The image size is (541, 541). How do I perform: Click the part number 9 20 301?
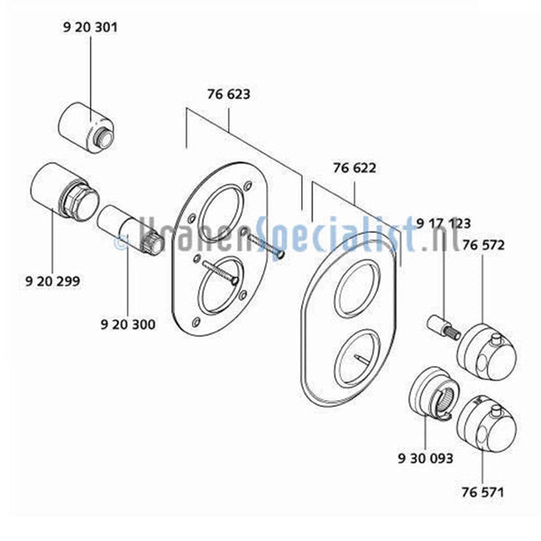pyautogui.click(x=90, y=27)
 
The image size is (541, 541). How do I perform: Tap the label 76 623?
pyautogui.click(x=229, y=94)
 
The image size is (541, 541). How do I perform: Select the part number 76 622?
pyautogui.click(x=354, y=168)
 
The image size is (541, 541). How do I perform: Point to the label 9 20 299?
pyautogui.click(x=52, y=281)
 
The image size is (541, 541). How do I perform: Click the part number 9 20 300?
pyautogui.click(x=128, y=325)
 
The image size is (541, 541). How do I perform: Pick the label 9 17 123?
pyautogui.click(x=444, y=224)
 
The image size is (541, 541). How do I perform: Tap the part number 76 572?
pyautogui.click(x=483, y=245)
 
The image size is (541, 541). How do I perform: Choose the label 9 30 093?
pyautogui.click(x=426, y=459)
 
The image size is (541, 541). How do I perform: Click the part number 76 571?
pyautogui.click(x=482, y=492)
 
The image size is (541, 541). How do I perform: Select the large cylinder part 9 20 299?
pyautogui.click(x=64, y=195)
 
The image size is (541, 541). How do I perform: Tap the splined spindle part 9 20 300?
pyautogui.click(x=131, y=231)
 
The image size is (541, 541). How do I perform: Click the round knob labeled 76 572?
pyautogui.click(x=488, y=352)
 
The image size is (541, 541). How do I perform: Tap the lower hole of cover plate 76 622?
pyautogui.click(x=358, y=357)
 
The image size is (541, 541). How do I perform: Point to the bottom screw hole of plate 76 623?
pyautogui.click(x=196, y=322)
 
